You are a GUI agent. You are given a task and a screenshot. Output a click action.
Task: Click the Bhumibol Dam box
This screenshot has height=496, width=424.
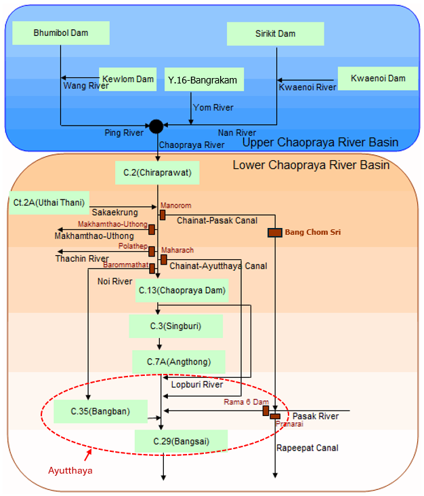[x=61, y=33]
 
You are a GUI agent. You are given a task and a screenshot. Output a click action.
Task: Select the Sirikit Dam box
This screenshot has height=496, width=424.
[x=276, y=33]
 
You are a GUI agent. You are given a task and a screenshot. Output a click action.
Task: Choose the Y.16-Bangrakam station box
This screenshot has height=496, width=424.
[x=203, y=81]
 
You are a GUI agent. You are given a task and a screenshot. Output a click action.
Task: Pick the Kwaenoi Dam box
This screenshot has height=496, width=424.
[x=378, y=79]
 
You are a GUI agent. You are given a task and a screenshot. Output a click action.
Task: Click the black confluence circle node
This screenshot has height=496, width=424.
[x=156, y=126]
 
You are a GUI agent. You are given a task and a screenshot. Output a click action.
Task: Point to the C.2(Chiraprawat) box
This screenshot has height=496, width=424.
[x=158, y=172]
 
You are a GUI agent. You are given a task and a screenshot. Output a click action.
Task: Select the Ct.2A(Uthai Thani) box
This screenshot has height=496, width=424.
[x=49, y=202]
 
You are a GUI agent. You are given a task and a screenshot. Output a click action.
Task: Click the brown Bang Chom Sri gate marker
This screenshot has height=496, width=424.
[x=274, y=233]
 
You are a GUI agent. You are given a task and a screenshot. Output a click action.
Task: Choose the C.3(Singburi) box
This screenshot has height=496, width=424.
[x=175, y=326]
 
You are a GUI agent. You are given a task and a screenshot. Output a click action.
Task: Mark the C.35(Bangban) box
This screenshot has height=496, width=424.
[x=100, y=411]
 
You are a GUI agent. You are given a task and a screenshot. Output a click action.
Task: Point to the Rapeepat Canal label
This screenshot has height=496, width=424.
[x=307, y=448]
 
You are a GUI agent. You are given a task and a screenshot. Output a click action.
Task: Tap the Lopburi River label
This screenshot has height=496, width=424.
[x=196, y=385]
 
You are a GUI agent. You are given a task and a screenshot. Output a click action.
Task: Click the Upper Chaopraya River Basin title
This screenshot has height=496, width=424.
[x=320, y=142]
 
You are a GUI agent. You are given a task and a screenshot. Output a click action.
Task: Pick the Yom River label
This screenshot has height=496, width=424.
[x=213, y=107]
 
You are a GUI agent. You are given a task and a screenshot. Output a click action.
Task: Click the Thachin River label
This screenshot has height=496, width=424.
[x=82, y=259]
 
